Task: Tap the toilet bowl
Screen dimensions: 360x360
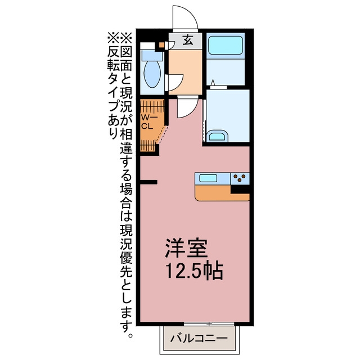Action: [152, 73]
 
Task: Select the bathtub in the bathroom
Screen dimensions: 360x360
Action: [225, 45]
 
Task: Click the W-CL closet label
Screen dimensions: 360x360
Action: [148, 122]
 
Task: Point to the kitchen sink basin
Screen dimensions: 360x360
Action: [208, 178]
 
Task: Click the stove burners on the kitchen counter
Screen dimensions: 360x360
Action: [240, 178]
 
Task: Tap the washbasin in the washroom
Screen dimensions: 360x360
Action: [217, 136]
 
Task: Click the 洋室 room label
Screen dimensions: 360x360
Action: [186, 249]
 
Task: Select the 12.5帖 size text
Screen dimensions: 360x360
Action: [194, 271]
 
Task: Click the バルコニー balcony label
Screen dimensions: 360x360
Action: [199, 338]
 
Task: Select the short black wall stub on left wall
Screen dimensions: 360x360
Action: [148, 182]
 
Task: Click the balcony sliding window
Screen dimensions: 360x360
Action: [209, 324]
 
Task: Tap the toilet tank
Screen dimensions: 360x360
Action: [152, 55]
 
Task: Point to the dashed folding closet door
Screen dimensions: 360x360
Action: [162, 135]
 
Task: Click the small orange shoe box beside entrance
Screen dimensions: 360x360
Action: [162, 44]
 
